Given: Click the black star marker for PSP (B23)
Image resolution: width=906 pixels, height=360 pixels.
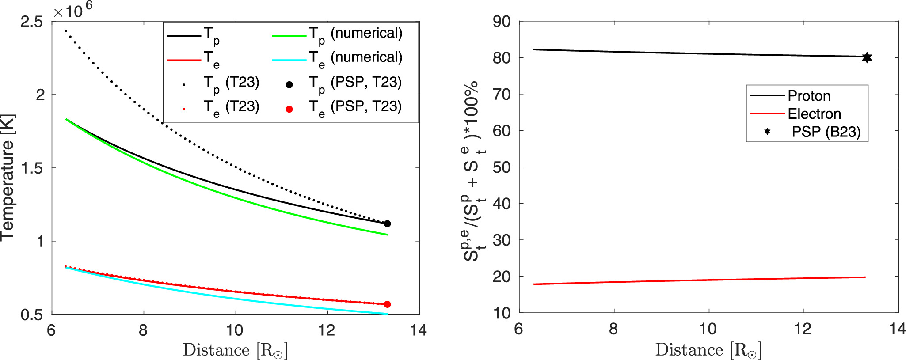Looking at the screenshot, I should pyautogui.click(x=867, y=57).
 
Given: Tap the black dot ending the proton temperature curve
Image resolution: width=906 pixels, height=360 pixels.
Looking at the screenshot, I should pyautogui.click(x=387, y=224).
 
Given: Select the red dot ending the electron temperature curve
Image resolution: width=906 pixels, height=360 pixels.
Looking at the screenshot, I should pyautogui.click(x=387, y=304).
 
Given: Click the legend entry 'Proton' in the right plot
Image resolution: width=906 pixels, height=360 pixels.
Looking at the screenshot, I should pyautogui.click(x=809, y=96).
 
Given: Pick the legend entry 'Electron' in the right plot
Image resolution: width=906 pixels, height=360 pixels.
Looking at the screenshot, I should pyautogui.click(x=814, y=114).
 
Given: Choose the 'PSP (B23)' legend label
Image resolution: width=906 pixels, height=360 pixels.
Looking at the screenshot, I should pyautogui.click(x=826, y=132).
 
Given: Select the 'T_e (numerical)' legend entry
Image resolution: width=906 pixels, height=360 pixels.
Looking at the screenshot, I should pyautogui.click(x=355, y=58).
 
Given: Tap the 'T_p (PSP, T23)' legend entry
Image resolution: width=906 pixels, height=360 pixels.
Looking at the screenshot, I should pyautogui.click(x=355, y=83).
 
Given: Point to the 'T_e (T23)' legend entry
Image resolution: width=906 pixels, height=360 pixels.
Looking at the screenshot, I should pyautogui.click(x=231, y=107).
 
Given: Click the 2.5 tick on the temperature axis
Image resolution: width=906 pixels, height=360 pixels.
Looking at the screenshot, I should pyautogui.click(x=32, y=22).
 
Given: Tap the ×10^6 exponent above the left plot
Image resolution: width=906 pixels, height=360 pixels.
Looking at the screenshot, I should pyautogui.click(x=73, y=10).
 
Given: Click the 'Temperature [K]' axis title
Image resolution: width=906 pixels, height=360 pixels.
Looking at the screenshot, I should pyautogui.click(x=8, y=177).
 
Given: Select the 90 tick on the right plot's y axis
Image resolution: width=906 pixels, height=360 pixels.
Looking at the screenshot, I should pyautogui.click(x=501, y=21).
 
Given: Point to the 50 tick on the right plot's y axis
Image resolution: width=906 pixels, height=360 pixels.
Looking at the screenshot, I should pyautogui.click(x=501, y=167).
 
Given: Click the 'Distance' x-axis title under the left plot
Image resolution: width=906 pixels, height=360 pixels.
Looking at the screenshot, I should pyautogui.click(x=235, y=350).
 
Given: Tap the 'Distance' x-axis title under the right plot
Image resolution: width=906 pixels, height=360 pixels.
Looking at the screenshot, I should pyautogui.click(x=708, y=350).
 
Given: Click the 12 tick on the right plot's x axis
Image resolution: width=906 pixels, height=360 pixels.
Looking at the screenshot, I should pyautogui.click(x=803, y=329).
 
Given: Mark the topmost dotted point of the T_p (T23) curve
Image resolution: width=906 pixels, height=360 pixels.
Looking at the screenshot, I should pyautogui.click(x=65, y=30).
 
